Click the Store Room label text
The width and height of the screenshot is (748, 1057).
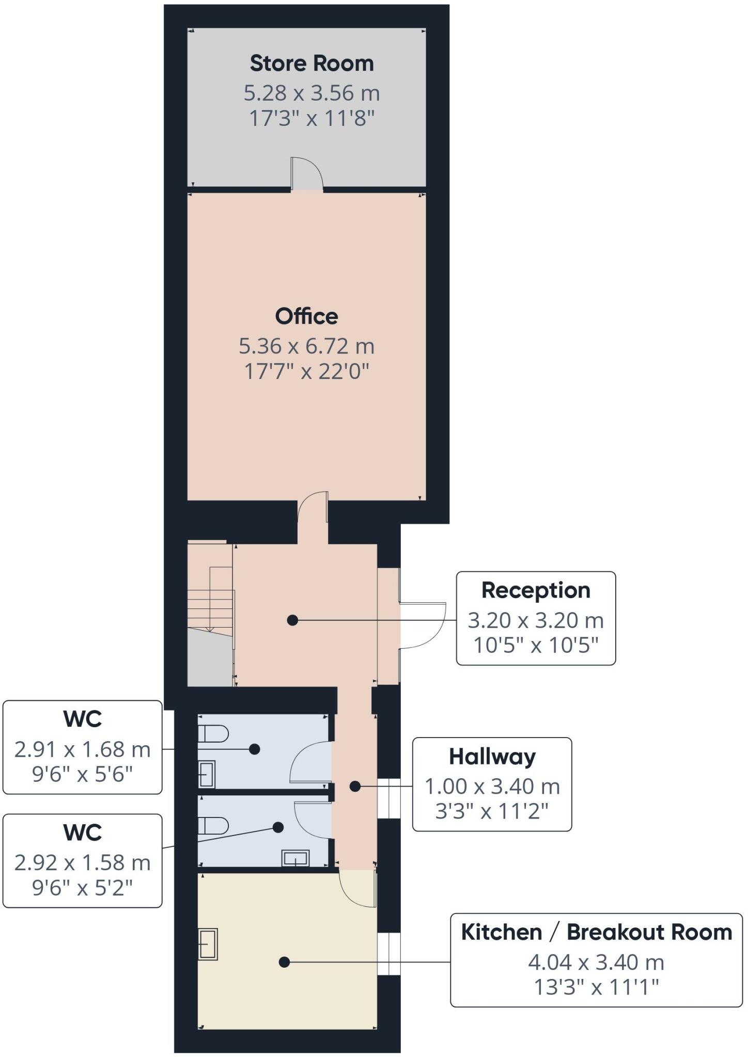[x=311, y=63]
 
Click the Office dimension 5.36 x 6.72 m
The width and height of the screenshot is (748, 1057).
[x=306, y=346]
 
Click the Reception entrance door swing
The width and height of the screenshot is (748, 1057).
[x=422, y=624]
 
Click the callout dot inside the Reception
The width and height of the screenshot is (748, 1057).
[x=292, y=620]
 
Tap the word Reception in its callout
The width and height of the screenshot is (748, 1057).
[x=536, y=590]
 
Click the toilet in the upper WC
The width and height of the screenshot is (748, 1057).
[x=213, y=733]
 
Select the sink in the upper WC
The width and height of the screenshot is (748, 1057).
[x=207, y=774]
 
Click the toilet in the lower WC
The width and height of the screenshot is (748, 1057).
[x=213, y=826]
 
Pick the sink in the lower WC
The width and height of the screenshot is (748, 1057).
[x=295, y=858]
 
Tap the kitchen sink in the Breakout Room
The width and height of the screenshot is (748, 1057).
[x=208, y=944]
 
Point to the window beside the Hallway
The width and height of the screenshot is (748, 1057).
[x=388, y=798]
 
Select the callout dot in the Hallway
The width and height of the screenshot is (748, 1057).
[x=355, y=787]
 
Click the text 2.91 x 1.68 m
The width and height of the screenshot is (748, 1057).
[x=82, y=749]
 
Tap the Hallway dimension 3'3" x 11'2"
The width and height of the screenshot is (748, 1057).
[x=492, y=811]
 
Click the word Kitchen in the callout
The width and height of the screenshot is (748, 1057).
[x=501, y=932]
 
